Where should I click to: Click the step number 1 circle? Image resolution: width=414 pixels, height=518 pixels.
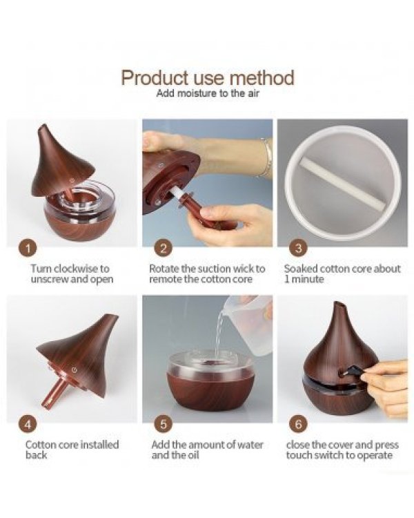28,248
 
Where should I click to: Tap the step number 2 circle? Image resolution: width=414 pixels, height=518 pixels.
164,248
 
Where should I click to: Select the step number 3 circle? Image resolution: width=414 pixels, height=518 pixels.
299,248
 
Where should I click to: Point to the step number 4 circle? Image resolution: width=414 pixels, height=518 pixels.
28,424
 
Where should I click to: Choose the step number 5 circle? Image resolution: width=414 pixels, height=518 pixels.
164,424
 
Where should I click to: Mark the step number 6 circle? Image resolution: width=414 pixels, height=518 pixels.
299,424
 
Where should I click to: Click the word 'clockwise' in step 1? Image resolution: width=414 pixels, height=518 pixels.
72,269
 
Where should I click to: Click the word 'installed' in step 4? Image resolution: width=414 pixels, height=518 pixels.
99,444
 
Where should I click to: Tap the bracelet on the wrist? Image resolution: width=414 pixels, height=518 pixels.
267,158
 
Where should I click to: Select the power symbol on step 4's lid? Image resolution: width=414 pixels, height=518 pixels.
75,370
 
